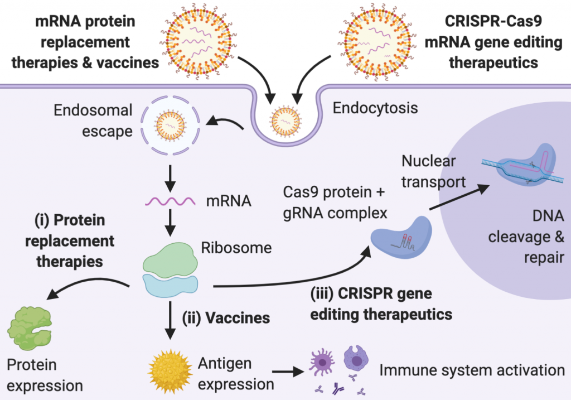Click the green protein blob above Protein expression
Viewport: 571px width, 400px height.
point(29,329)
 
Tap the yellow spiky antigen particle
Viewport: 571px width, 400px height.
point(170,371)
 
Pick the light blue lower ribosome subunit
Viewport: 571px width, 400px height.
point(170,287)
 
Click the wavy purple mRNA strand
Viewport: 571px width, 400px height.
point(170,201)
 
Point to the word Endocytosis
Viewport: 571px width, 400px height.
point(375,108)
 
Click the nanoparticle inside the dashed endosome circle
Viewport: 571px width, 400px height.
point(170,126)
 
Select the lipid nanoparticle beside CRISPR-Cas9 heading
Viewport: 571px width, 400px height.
point(376,41)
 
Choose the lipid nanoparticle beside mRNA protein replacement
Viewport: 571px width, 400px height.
point(199,40)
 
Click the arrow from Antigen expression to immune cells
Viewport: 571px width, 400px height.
point(288,372)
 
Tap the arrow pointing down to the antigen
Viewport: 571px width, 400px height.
point(170,321)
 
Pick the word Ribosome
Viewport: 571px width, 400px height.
point(236,248)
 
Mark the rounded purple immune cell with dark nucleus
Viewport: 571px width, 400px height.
point(356,359)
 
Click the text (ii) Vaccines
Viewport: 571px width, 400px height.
point(226,318)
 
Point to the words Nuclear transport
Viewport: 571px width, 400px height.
point(433,171)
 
